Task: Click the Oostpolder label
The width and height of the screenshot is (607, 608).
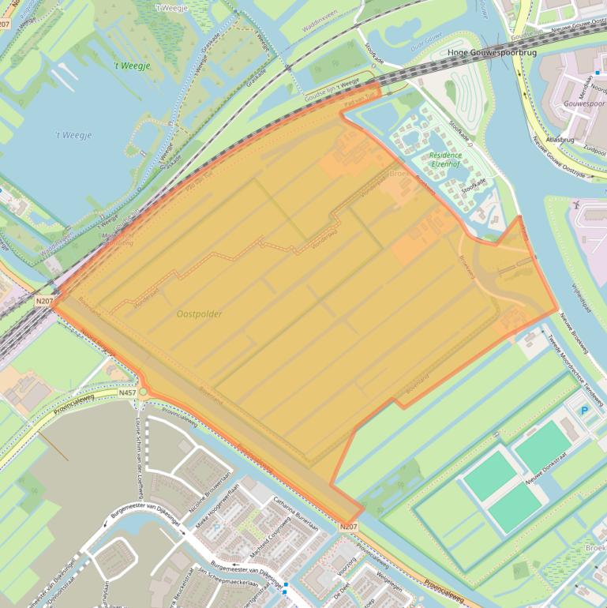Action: (199, 314)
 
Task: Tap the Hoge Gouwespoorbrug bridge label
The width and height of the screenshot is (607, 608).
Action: (492, 53)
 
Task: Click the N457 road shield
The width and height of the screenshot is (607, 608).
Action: (128, 392)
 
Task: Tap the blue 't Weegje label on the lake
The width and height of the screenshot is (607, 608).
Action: (73, 136)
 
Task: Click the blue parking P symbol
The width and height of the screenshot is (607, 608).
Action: (584, 411)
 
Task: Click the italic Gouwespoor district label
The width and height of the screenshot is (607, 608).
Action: (584, 104)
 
